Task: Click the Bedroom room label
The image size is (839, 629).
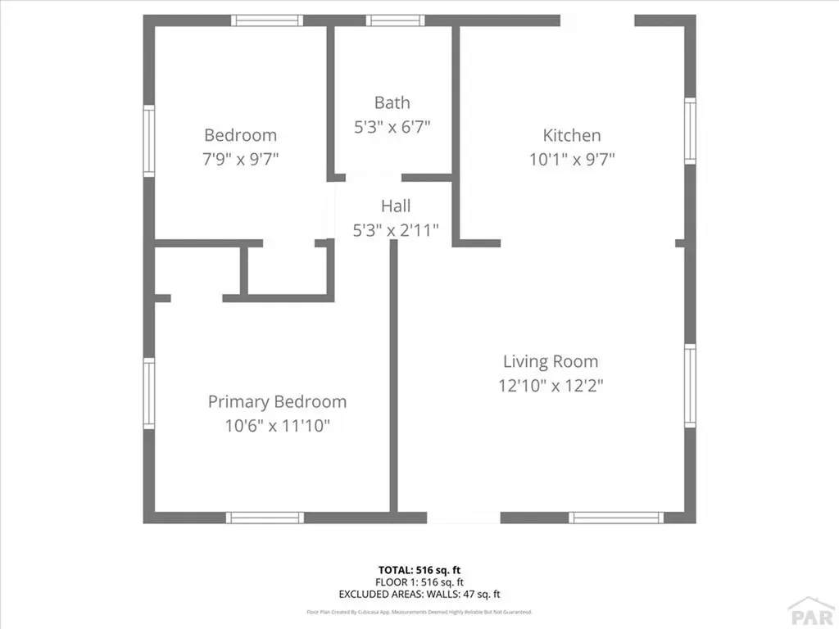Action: [x=240, y=135]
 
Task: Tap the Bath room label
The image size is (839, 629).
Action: [x=392, y=102]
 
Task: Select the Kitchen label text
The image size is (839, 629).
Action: [x=572, y=135]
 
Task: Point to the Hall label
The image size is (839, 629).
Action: [x=396, y=206]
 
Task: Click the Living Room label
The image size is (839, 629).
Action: [x=551, y=361]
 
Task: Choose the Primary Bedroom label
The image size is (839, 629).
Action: [x=277, y=401]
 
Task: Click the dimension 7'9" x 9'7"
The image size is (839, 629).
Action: [x=241, y=159]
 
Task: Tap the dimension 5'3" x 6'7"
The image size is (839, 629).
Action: [x=392, y=127]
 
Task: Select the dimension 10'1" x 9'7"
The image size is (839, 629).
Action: [x=572, y=159]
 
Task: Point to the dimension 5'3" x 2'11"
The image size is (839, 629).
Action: [x=396, y=230]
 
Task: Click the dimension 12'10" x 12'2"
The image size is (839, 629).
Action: [x=551, y=385]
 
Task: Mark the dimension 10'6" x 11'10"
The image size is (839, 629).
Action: [x=277, y=426]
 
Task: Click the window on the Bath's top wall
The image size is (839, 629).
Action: [x=395, y=20]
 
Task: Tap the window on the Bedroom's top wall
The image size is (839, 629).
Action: [x=267, y=20]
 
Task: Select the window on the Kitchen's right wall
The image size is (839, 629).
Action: [x=690, y=130]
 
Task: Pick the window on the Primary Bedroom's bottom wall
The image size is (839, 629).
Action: [x=265, y=518]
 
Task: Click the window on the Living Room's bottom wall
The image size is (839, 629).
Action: [x=615, y=518]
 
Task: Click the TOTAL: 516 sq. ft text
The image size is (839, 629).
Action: [x=419, y=569]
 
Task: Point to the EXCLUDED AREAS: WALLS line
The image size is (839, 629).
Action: [x=419, y=594]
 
